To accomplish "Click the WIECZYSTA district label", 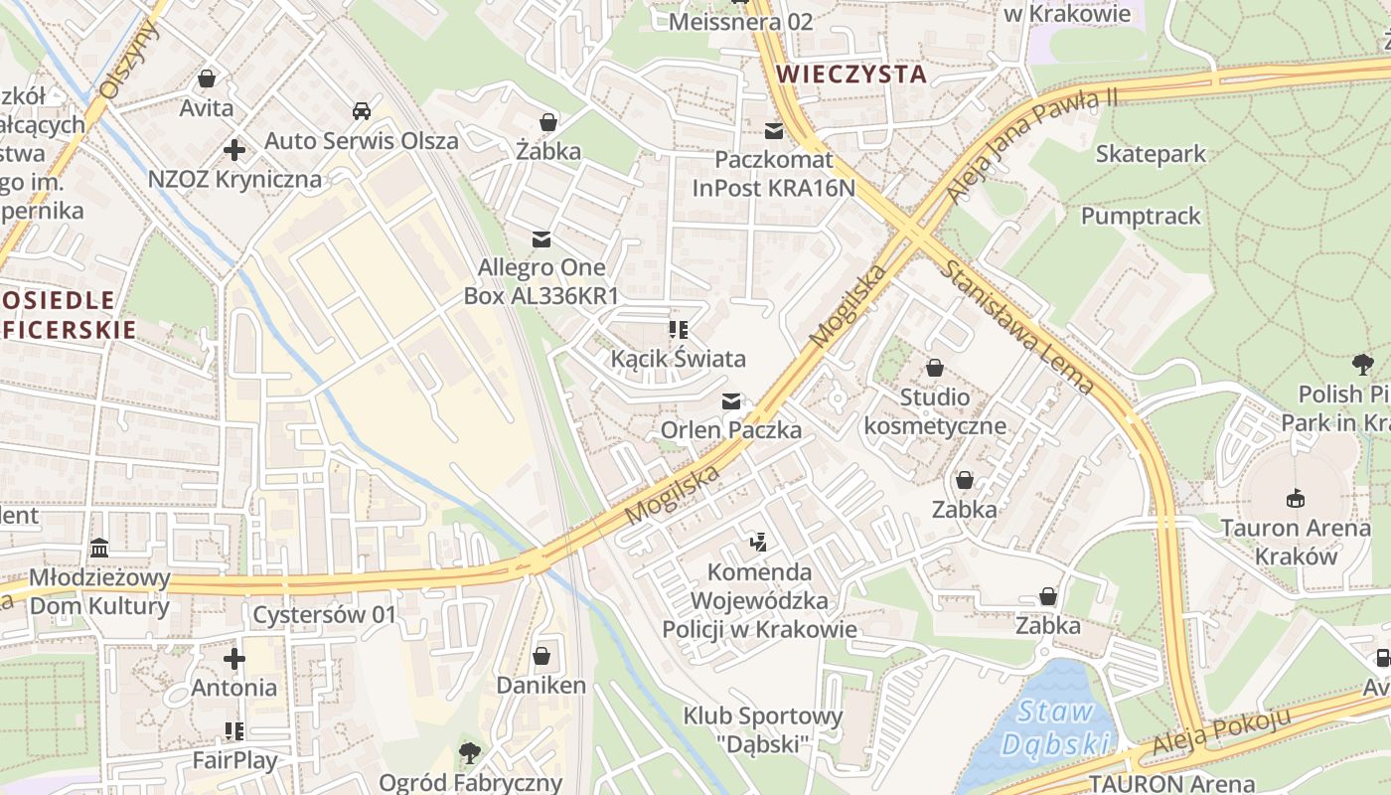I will (x=851, y=74).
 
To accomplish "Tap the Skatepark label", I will (x=1151, y=153).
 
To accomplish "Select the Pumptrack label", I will (x=1141, y=216).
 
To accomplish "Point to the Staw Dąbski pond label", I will (x=1055, y=727).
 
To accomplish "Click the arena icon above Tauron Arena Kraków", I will (x=1295, y=498).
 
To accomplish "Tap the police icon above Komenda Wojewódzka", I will (x=759, y=543).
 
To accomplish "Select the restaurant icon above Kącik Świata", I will (x=679, y=329).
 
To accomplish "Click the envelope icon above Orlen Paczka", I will (x=731, y=401).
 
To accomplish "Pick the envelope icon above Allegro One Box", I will (x=541, y=239).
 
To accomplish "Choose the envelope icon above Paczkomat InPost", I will (x=774, y=131).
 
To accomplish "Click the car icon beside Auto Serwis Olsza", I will (x=362, y=111).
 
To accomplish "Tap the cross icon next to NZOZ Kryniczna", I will (x=234, y=150).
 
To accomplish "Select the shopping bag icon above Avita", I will (x=207, y=79).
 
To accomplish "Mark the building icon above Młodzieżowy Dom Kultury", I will (x=99, y=549).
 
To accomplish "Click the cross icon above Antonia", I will (x=234, y=659).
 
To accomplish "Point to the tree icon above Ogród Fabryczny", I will (x=470, y=753).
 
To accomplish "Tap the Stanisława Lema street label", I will (x=1017, y=327).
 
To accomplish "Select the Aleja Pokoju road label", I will (x=1221, y=731).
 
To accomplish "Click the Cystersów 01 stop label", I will (x=324, y=614).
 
